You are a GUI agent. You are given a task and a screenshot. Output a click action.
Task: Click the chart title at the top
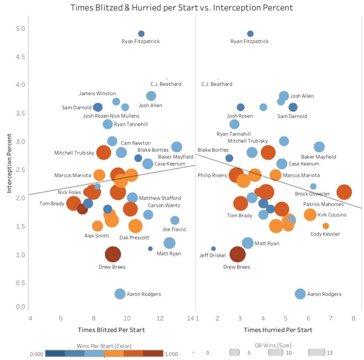(182, 7)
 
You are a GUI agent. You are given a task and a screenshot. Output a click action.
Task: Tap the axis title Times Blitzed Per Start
(111, 330)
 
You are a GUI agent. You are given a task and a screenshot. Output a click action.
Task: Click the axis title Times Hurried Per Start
(278, 330)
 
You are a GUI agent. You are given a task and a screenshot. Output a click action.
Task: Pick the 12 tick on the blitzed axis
(160, 318)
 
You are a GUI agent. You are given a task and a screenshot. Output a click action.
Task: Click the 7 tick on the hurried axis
(330, 318)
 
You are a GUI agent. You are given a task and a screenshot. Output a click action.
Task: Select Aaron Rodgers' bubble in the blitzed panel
(120, 294)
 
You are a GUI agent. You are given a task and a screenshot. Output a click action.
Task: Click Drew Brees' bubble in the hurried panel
(237, 255)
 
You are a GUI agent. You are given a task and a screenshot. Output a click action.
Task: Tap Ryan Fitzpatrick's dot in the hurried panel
(250, 34)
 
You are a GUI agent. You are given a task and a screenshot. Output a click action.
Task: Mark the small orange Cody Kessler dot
(326, 226)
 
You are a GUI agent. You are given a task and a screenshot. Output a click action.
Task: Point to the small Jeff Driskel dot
(213, 248)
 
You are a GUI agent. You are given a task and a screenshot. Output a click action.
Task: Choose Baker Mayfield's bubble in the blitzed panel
(177, 147)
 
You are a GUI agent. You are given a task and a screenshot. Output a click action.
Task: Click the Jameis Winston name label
(97, 93)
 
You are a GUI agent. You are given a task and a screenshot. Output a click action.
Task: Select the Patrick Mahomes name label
(323, 204)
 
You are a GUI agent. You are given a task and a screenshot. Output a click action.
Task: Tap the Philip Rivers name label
(212, 175)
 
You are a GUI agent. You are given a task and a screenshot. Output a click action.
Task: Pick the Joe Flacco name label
(174, 229)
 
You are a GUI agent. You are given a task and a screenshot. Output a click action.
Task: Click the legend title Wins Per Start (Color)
(104, 346)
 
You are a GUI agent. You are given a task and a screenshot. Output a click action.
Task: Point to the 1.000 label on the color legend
(172, 354)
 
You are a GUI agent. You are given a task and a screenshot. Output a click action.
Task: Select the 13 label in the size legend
(329, 353)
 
